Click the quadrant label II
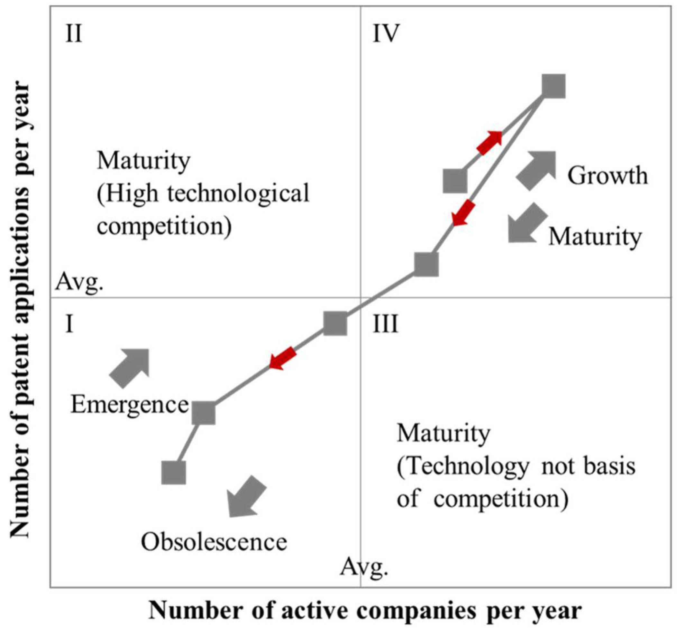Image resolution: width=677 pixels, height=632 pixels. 73,34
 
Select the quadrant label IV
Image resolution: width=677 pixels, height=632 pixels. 386,34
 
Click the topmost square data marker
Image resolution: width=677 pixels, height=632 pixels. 553,86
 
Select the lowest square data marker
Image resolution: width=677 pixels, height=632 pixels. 174,473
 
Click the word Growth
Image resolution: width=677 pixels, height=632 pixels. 607,176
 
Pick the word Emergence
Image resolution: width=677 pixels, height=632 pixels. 129,405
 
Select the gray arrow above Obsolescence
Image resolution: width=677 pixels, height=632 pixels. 246,497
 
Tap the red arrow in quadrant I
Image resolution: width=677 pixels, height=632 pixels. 283,358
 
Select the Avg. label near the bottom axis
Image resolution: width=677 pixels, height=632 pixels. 364,567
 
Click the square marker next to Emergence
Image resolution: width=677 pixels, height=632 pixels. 204,413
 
